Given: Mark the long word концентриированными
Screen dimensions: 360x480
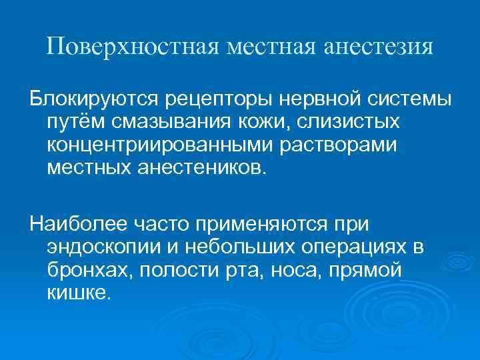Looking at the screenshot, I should click(x=170, y=145).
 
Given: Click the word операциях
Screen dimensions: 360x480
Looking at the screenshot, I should click(x=346, y=246).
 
